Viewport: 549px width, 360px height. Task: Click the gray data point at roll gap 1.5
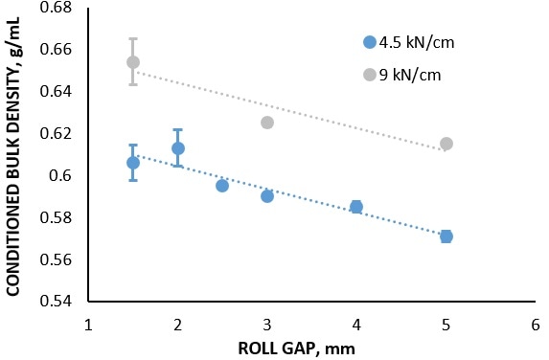coord(133,62)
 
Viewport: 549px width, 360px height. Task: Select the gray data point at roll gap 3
coord(267,123)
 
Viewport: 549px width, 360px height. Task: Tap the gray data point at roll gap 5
coord(446,144)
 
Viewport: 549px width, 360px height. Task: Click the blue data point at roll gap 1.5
coord(133,163)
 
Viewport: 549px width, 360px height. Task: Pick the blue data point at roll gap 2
coord(178,148)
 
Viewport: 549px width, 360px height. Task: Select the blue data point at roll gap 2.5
coord(222,186)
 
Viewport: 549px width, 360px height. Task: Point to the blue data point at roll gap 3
coord(267,196)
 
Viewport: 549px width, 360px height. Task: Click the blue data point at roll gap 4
coord(356,207)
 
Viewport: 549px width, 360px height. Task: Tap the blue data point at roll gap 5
coord(446,236)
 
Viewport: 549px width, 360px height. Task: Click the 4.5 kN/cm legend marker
coord(370,41)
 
